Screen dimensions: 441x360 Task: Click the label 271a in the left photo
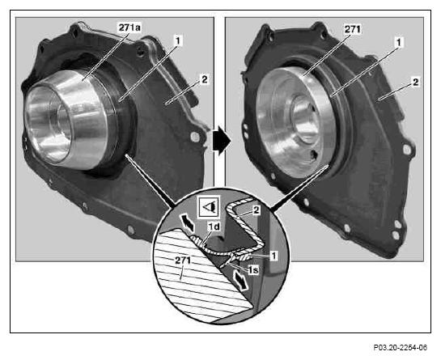point(129,28)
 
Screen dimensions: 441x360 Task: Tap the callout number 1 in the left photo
point(178,40)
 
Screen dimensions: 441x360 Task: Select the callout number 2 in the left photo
point(204,79)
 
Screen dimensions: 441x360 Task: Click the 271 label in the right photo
point(353,29)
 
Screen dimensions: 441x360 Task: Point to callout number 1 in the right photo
point(399,43)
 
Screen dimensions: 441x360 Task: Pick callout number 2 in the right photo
point(415,83)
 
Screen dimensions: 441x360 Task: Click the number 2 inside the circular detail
point(256,210)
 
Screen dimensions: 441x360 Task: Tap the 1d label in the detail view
point(214,227)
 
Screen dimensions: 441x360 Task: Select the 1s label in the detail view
point(252,269)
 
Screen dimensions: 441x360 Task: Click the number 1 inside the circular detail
point(274,256)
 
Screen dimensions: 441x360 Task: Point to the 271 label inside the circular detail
point(183,260)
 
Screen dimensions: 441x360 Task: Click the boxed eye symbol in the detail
point(209,207)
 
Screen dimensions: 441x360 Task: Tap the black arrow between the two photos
point(222,140)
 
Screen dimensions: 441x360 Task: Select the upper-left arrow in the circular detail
point(187,222)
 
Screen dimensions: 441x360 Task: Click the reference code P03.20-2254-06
point(400,348)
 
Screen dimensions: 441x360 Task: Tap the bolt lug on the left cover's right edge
point(195,137)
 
